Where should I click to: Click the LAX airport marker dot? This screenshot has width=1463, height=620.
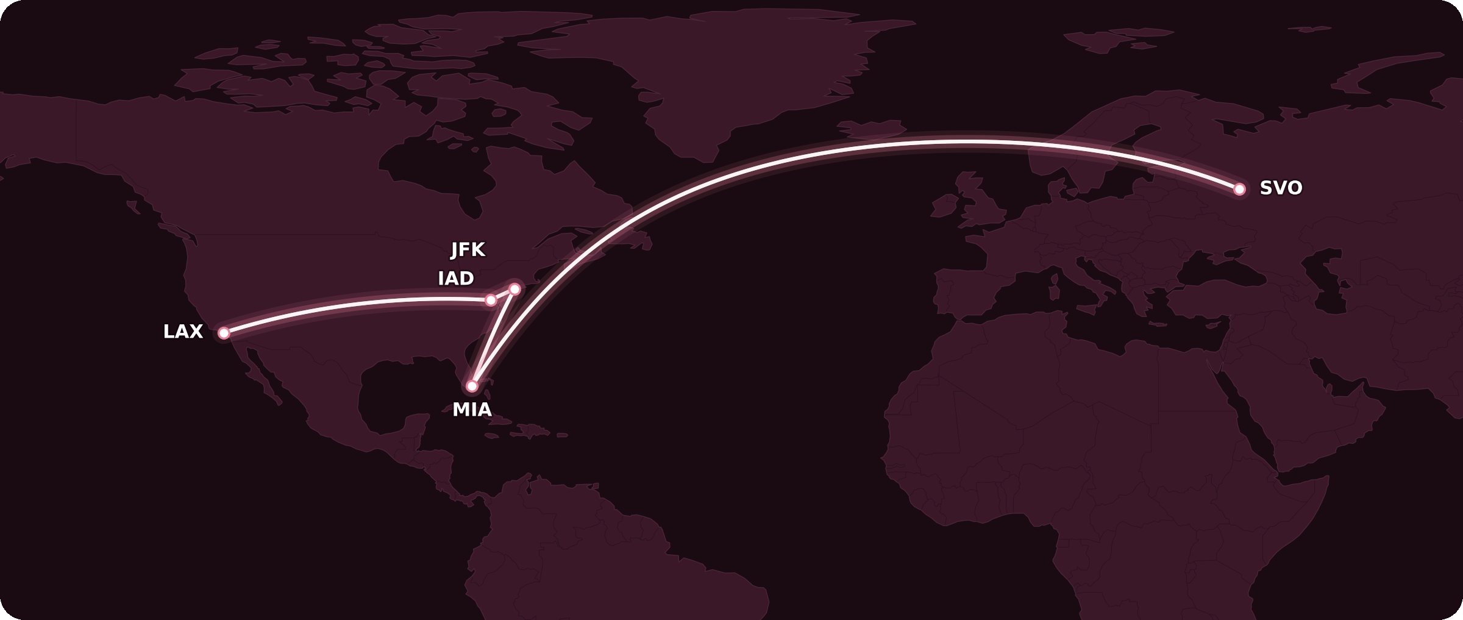[224, 333]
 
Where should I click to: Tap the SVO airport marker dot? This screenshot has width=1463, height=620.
[1239, 189]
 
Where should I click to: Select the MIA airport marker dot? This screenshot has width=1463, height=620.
[472, 386]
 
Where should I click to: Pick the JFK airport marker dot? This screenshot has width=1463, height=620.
[514, 289]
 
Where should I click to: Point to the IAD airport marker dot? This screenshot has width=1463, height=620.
[491, 300]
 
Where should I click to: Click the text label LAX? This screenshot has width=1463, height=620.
[183, 332]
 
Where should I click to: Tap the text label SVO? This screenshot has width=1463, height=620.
[1281, 188]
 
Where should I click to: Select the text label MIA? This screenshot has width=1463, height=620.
[472, 410]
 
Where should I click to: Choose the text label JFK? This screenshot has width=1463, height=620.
[468, 250]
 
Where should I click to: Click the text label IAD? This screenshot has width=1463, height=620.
[455, 279]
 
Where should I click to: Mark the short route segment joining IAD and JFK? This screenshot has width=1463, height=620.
[503, 294]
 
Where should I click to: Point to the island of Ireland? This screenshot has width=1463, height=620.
[943, 206]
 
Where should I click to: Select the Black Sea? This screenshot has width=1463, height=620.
[1219, 271]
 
